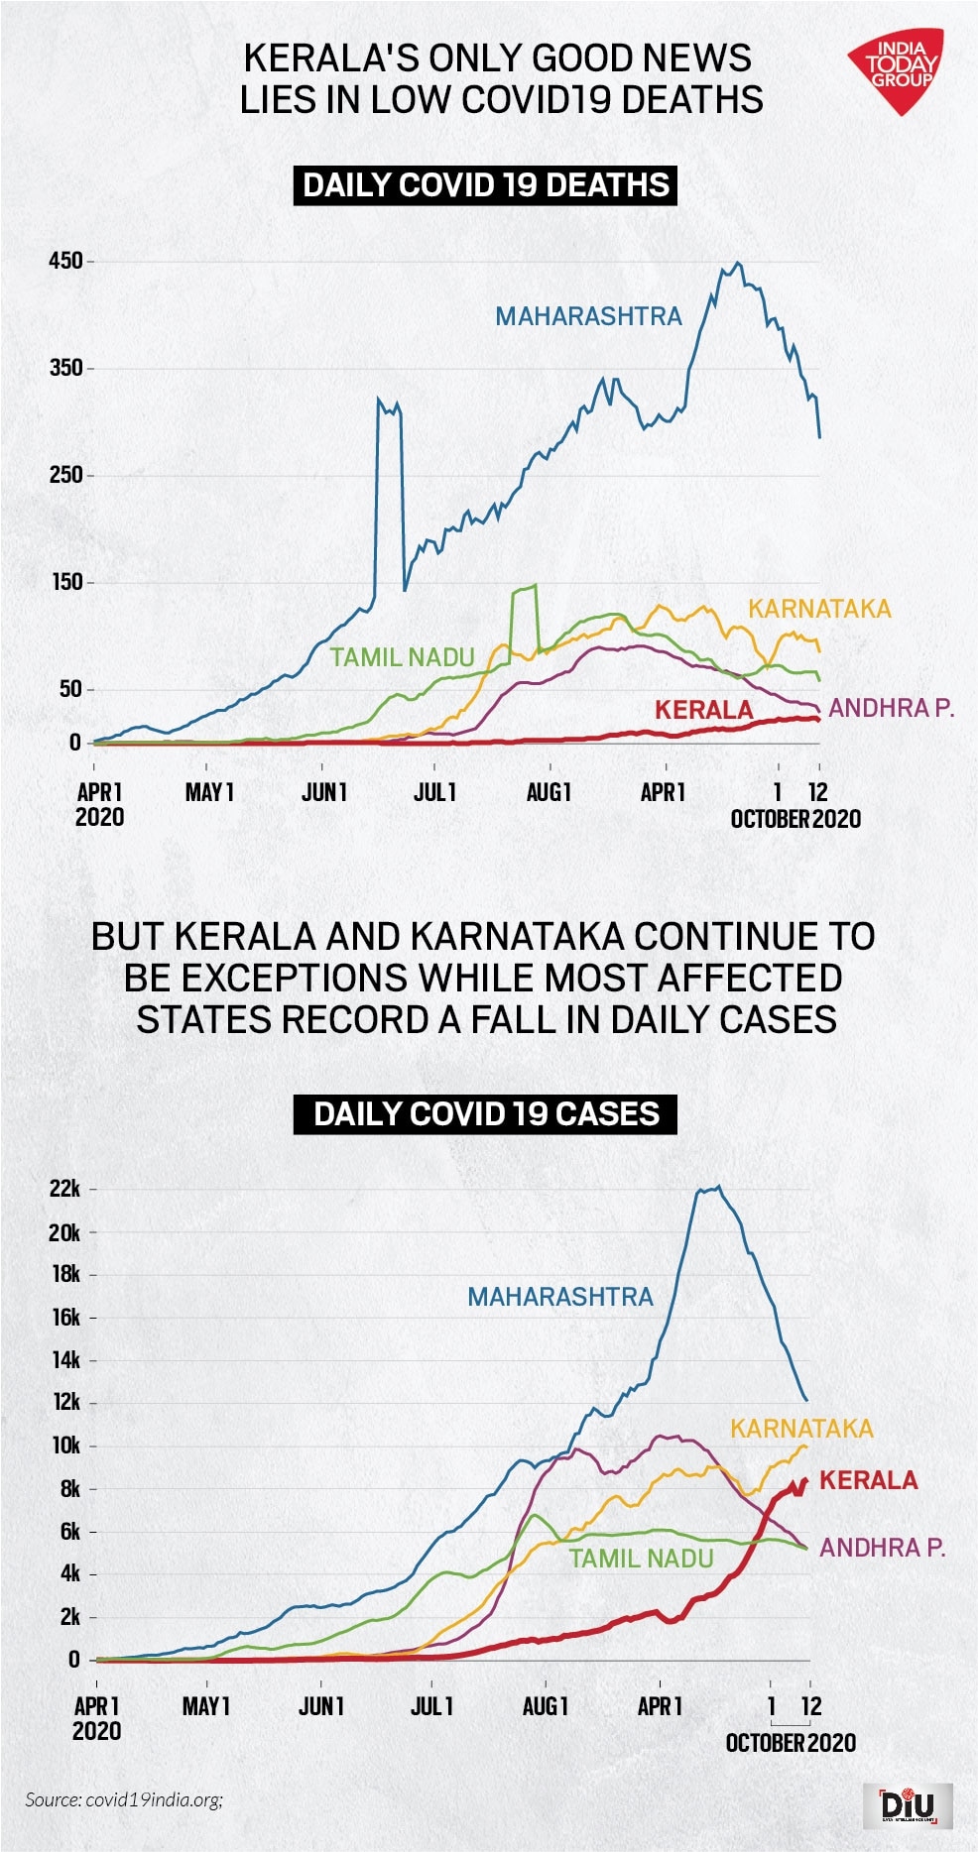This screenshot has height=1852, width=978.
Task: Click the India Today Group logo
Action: [x=897, y=69]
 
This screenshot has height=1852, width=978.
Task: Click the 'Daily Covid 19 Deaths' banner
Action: [x=485, y=185]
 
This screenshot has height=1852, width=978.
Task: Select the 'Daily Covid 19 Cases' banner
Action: [x=485, y=1113]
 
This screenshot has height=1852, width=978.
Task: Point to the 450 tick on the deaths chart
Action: [x=66, y=262]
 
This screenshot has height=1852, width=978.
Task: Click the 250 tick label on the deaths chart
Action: [x=66, y=475]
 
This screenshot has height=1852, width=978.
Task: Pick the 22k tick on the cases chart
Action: [x=65, y=1189]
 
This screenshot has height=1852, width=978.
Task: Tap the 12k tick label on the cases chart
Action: [x=65, y=1402]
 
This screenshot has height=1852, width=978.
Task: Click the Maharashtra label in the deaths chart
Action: [x=588, y=316]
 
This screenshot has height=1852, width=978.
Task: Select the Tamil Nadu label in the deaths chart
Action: [x=402, y=657]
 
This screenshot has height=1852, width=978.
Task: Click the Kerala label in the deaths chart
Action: [x=703, y=710]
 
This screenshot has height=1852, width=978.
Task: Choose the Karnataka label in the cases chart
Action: [x=801, y=1429]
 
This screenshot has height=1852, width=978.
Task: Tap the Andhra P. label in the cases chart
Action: [x=882, y=1548]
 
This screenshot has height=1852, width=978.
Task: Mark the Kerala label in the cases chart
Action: [x=868, y=1480]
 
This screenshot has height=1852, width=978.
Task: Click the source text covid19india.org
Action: [x=124, y=1798]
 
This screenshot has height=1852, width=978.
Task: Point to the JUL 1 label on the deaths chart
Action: [x=435, y=792]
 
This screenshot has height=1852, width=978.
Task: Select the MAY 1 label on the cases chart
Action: [x=206, y=1706]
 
